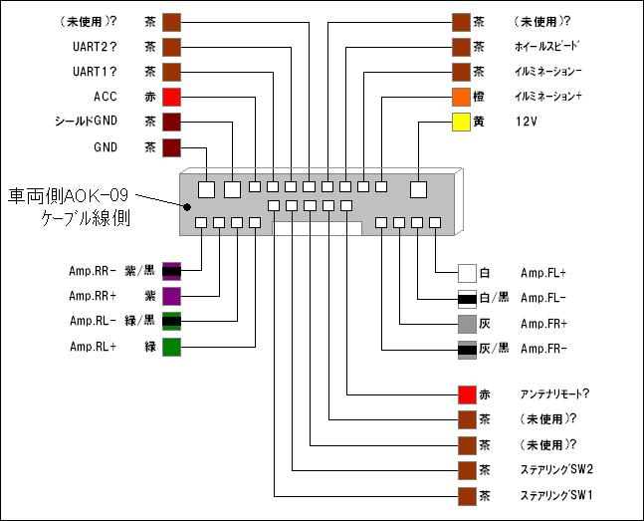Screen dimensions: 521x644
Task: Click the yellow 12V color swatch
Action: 462,122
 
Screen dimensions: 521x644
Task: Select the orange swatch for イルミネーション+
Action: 462,97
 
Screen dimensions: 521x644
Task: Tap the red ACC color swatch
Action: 171,97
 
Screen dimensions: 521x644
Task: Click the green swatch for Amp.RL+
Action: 171,347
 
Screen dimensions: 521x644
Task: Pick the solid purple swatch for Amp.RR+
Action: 171,296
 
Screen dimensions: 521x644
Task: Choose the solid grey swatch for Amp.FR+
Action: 468,324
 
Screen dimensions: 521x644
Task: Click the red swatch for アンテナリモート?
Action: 468,394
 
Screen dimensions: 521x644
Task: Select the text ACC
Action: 105,97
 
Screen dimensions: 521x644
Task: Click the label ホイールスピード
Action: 546,47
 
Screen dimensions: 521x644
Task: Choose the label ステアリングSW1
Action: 555,495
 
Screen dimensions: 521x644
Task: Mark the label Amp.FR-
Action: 543,349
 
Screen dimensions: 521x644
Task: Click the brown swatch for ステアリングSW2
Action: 468,470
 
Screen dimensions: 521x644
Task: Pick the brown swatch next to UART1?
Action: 171,72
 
